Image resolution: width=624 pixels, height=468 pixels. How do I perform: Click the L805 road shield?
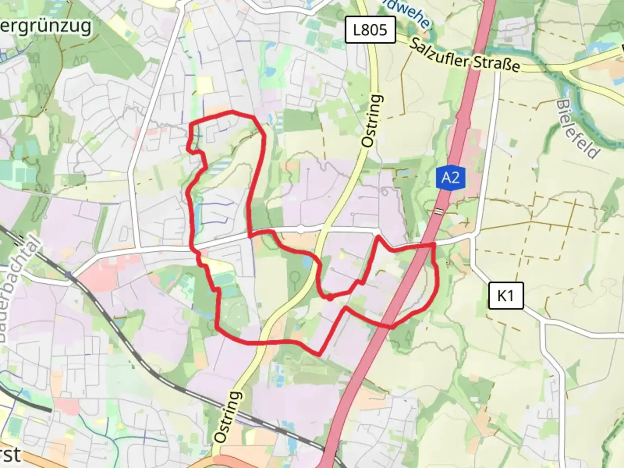pyautogui.click(x=370, y=30)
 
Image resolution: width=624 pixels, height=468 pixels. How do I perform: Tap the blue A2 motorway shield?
pyautogui.click(x=451, y=178)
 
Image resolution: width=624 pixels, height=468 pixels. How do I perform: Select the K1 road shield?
pyautogui.click(x=505, y=296)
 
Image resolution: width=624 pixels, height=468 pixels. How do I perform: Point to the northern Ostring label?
pyautogui.click(x=373, y=121)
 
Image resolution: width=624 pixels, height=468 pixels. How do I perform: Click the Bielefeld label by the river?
pyautogui.click(x=578, y=129)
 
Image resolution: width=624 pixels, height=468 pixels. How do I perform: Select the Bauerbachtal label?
pyautogui.click(x=22, y=290)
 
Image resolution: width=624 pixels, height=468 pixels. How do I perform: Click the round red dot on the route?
pyautogui.click(x=330, y=298)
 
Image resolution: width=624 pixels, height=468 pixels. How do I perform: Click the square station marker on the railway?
pyautogui.click(x=68, y=274)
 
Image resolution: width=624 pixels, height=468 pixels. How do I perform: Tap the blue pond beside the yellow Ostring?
pyautogui.click(x=307, y=261)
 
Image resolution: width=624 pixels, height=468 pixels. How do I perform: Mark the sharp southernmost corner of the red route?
pyautogui.click(x=320, y=354)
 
